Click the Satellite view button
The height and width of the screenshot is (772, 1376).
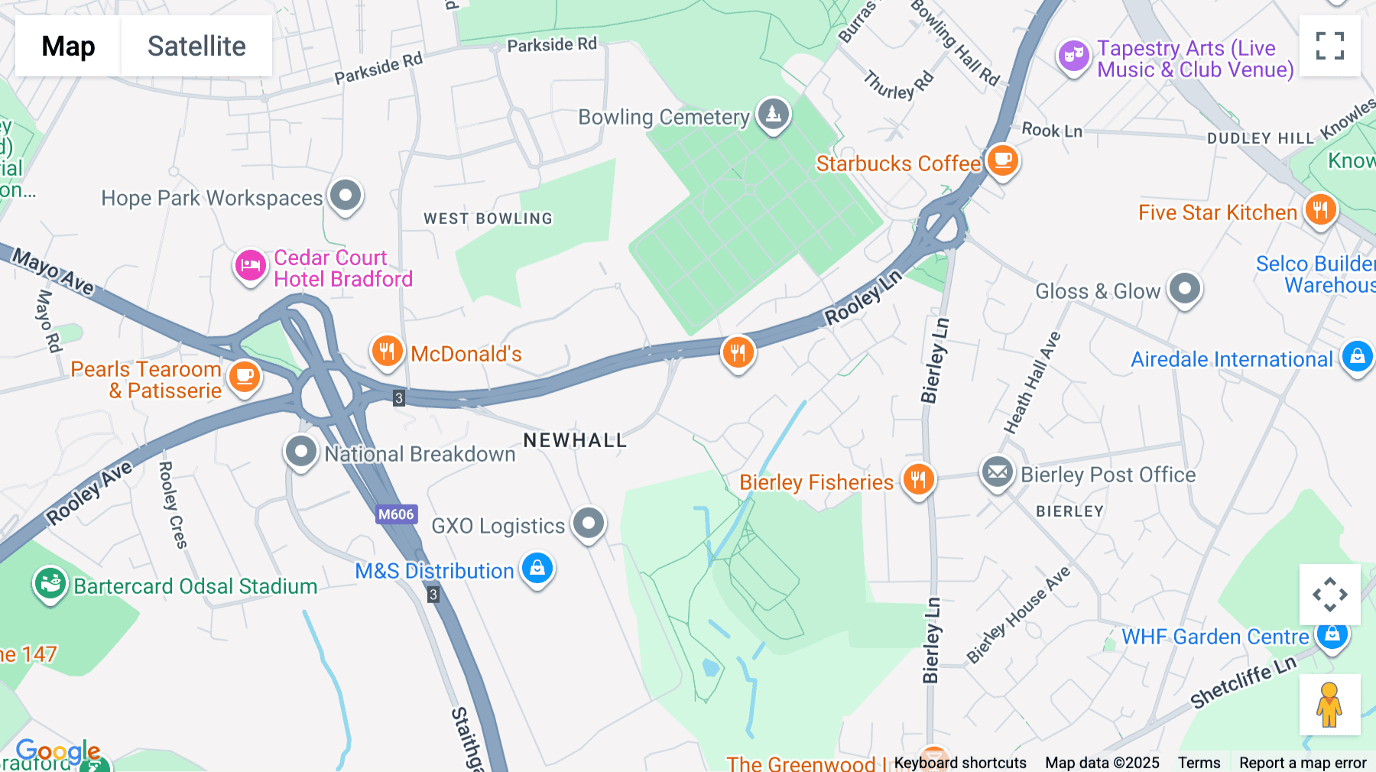[196, 46]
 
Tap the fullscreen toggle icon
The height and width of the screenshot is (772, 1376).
[1329, 46]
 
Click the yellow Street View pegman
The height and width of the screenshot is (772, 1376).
[1329, 705]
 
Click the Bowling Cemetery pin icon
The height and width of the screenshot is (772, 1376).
[773, 115]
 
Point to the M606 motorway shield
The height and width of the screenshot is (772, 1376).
[396, 514]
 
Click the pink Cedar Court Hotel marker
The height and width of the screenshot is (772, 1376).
[250, 266]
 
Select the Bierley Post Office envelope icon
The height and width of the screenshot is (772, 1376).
[997, 472]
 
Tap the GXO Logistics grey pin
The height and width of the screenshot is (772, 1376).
[589, 524]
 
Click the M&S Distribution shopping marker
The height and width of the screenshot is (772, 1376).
[537, 569]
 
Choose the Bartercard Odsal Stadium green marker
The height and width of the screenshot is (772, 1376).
[50, 584]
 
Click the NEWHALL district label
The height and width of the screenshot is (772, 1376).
[575, 440]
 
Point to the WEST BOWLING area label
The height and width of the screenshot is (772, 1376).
[488, 219]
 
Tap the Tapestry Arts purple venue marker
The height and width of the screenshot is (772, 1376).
[1073, 56]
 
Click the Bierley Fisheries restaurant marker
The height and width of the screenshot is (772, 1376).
[918, 480]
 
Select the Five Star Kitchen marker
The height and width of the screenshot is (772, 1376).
[1320, 209]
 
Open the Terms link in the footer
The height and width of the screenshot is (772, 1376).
[1199, 762]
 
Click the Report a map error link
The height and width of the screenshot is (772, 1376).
[1303, 762]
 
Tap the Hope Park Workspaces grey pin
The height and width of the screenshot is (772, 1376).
[346, 196]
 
